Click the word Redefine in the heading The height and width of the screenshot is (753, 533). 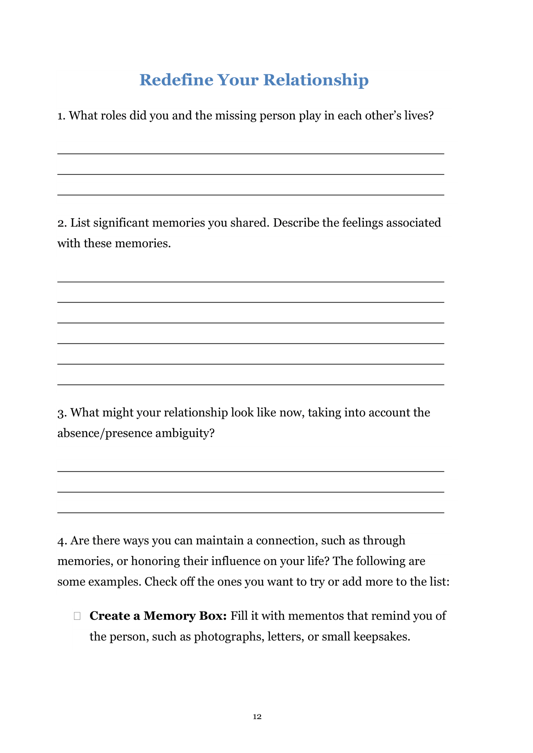coord(176,80)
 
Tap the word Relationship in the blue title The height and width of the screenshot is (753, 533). coord(316,80)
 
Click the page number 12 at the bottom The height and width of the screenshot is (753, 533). coord(257,716)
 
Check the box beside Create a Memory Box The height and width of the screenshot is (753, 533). coord(77,616)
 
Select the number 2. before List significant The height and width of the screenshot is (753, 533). coord(62,223)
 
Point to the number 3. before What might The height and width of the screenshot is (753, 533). coord(62,413)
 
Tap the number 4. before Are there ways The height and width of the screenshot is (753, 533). coord(62,541)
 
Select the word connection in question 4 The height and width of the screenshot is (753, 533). coord(287,540)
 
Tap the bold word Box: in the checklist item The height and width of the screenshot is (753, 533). coord(212,616)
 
